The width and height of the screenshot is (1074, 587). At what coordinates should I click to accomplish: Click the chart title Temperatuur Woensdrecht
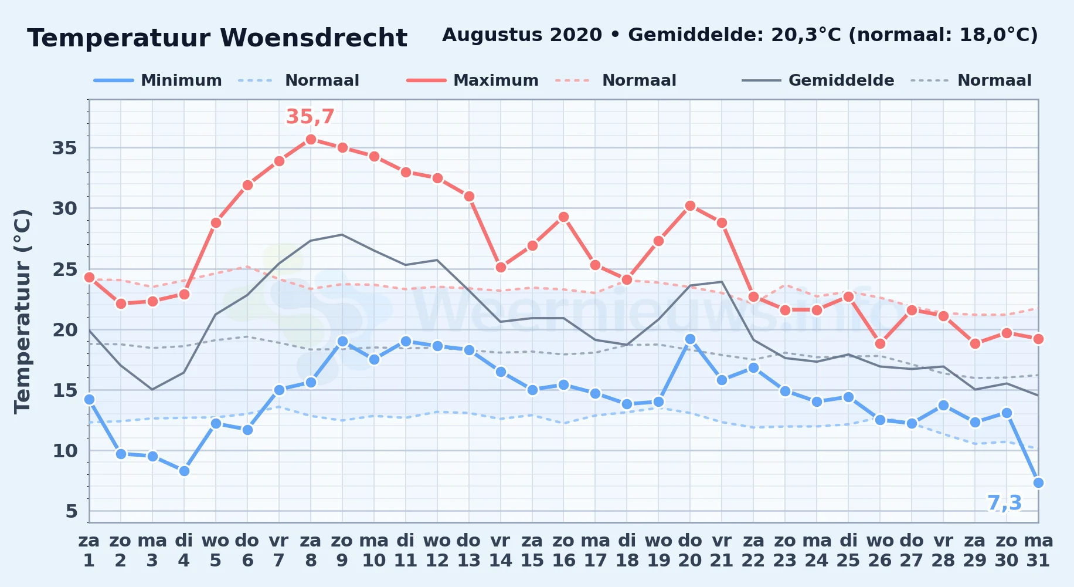[217, 38]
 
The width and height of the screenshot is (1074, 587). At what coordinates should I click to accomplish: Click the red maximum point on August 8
[311, 139]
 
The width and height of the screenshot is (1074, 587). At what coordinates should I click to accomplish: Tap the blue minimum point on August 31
[1038, 483]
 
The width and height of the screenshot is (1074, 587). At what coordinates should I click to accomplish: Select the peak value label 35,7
[310, 117]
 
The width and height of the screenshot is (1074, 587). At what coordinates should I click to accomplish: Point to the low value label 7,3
[1005, 503]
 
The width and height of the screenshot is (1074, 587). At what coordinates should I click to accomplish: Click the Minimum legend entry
[158, 80]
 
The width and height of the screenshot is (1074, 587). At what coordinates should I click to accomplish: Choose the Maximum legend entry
[473, 80]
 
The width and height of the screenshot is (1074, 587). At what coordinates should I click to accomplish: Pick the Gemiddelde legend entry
[818, 80]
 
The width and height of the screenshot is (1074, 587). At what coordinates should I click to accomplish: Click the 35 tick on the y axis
[64, 148]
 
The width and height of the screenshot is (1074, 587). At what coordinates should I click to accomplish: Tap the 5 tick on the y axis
[72, 511]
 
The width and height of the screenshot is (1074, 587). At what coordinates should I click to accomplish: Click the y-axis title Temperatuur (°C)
[22, 311]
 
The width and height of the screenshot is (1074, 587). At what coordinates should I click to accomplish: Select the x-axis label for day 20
[690, 551]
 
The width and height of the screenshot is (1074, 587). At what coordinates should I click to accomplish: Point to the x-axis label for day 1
[89, 551]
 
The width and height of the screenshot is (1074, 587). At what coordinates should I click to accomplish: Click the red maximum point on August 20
[690, 205]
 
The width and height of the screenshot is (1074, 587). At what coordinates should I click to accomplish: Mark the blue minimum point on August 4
[184, 471]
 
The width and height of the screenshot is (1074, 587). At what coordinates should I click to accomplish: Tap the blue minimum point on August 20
[690, 339]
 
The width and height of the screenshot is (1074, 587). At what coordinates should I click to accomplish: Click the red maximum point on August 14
[501, 267]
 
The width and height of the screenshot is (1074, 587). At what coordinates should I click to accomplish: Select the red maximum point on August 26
[880, 343]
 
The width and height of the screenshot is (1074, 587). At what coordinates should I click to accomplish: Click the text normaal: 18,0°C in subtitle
[943, 35]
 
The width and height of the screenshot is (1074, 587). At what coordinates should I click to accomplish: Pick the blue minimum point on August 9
[342, 341]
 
